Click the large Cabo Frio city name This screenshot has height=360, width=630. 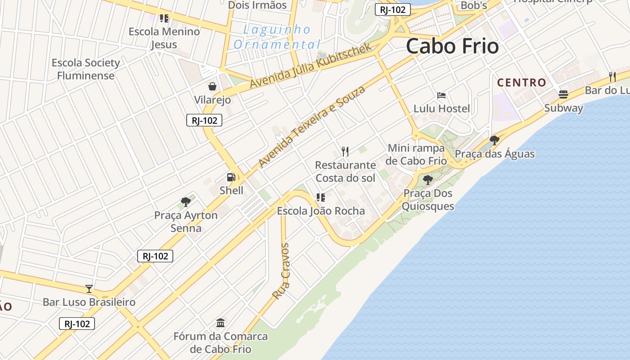(x=452, y=46)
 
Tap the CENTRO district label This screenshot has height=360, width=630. (x=522, y=83)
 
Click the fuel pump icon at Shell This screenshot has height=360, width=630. (x=231, y=177)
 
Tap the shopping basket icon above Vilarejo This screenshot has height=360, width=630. (x=212, y=86)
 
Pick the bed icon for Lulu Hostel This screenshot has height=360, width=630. (x=441, y=95)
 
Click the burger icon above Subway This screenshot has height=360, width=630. (x=563, y=94)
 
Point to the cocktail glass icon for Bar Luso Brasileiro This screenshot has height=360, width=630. (x=89, y=288)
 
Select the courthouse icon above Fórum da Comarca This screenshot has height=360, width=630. (x=220, y=323)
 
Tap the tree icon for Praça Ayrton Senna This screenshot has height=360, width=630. (x=185, y=202)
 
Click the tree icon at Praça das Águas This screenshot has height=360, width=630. (x=495, y=140)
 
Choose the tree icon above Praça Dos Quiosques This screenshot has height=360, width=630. (x=427, y=180)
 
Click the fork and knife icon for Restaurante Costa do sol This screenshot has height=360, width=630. (x=345, y=151)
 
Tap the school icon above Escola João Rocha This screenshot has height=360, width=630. (x=321, y=197)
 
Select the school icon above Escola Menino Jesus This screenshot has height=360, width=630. (x=164, y=18)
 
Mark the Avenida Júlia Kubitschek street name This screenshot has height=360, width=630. (x=310, y=66)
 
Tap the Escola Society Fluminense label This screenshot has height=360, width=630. (x=85, y=69)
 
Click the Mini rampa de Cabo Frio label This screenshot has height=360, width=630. (x=417, y=154)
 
